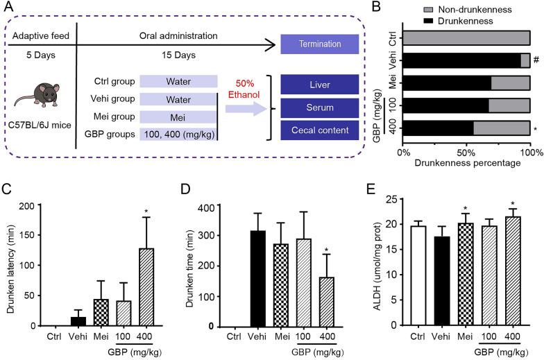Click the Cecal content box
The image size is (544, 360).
click(x=320, y=130)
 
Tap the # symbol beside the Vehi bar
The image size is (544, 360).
click(x=536, y=60)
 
